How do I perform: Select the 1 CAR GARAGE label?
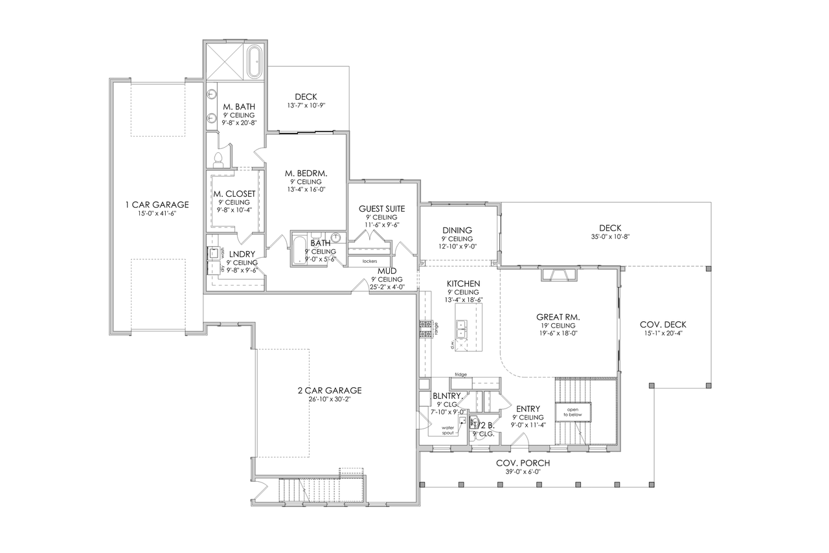[x=157, y=205]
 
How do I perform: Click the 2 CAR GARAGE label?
[x=329, y=390]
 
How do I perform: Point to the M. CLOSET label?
[x=234, y=194]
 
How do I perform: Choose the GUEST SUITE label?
[x=382, y=209]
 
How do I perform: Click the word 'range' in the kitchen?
[x=437, y=328]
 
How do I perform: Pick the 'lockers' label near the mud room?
[x=370, y=261]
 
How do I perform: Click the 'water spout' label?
[x=448, y=430]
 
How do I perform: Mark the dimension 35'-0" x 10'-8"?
[x=610, y=237]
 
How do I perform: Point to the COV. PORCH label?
[x=523, y=463]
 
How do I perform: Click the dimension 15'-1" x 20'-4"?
[x=664, y=333]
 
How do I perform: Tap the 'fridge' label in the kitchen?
[x=460, y=374]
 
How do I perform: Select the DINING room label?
[x=457, y=230]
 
